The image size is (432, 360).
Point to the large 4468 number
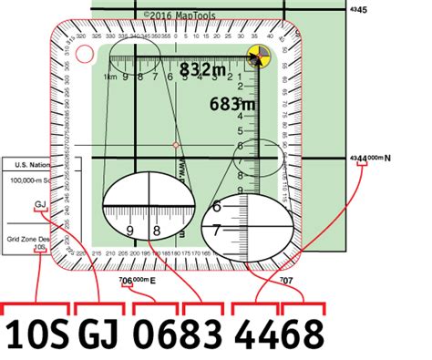point(279,334)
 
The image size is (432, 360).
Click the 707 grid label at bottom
point(286,279)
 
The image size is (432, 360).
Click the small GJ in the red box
point(39,205)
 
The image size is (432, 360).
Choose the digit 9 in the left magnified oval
point(130,231)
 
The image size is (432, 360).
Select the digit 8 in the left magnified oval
point(157,231)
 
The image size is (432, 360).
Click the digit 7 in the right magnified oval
point(217,231)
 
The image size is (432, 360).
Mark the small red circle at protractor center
point(176,145)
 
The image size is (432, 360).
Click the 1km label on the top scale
point(109,77)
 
